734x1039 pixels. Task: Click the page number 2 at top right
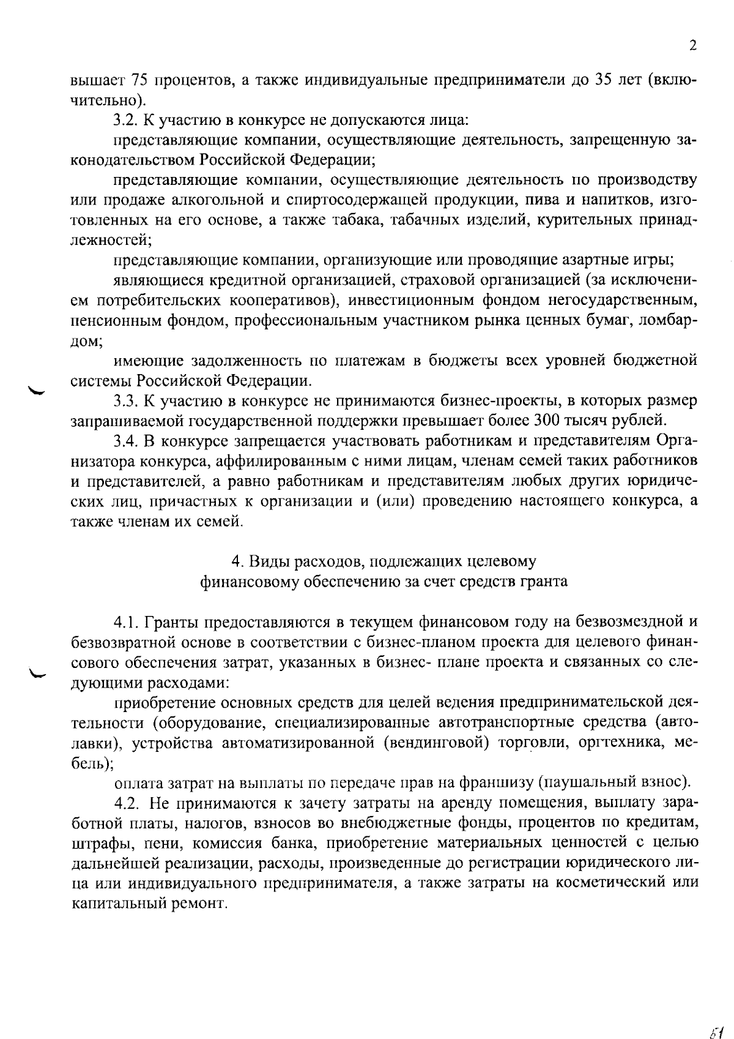[x=692, y=47]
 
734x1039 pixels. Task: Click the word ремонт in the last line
[x=204, y=904]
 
